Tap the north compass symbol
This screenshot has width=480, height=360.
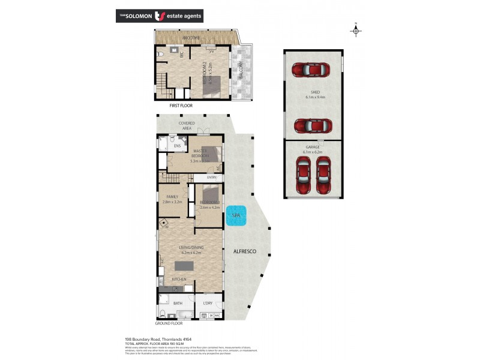356,30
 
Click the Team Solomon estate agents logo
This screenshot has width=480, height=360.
159,16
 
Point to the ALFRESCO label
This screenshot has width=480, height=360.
244,251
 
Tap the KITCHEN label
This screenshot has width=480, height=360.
179,280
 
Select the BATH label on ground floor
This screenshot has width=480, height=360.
178,304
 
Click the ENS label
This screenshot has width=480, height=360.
177,146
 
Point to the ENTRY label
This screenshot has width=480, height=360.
211,178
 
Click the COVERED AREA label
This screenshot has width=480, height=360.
186,125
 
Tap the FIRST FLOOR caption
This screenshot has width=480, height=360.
181,106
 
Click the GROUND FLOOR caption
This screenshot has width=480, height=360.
169,323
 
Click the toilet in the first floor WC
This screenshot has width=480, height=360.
160,55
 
